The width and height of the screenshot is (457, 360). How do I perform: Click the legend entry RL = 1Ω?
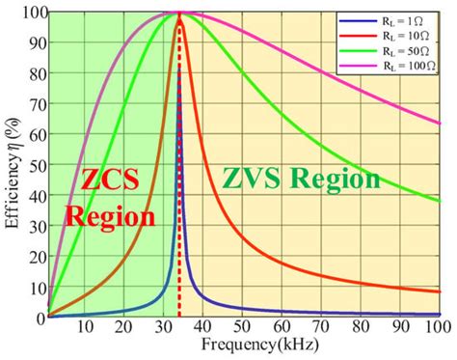[396, 18]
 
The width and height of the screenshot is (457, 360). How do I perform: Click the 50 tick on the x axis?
[239, 328]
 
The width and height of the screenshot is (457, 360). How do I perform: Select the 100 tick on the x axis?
[438, 328]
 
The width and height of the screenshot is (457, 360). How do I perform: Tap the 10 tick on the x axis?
[86, 328]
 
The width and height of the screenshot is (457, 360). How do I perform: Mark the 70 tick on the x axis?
[318, 328]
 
